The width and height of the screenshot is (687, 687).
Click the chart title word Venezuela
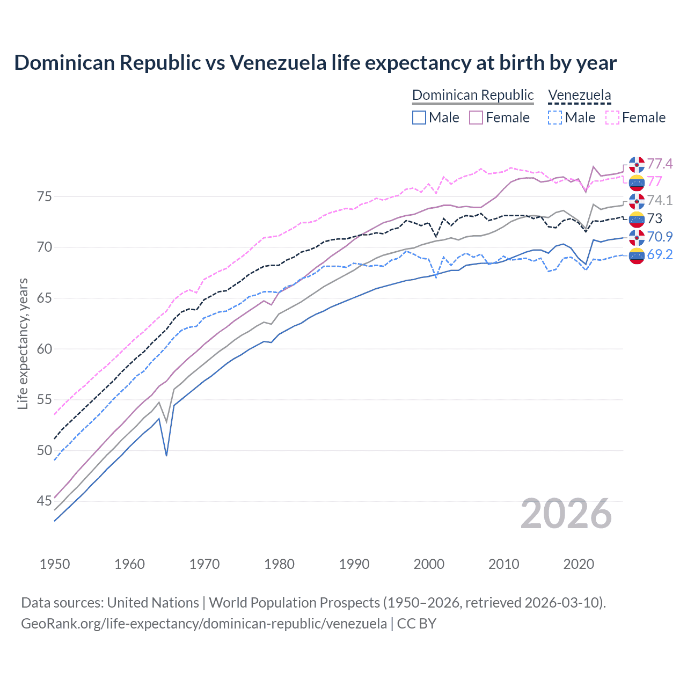[x=278, y=63]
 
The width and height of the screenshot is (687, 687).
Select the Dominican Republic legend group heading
[x=473, y=95]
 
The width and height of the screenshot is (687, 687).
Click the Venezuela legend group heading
[x=579, y=95]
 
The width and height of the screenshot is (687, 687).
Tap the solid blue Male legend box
[x=419, y=118]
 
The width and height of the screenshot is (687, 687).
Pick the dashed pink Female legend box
[x=612, y=118]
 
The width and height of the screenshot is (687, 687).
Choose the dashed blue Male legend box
[x=555, y=118]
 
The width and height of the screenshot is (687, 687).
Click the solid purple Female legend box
[x=476, y=118]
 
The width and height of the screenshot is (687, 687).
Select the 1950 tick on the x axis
[x=55, y=564]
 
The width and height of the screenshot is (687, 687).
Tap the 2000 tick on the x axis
[x=429, y=564]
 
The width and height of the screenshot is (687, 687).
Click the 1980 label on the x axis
[x=279, y=564]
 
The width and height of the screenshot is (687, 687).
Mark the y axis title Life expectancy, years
[x=23, y=343]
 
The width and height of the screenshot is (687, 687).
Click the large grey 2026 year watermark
[x=566, y=514]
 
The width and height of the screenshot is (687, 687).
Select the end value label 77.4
[x=660, y=164]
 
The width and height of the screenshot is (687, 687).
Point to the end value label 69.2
[x=660, y=255]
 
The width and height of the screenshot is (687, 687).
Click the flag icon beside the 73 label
[x=637, y=219]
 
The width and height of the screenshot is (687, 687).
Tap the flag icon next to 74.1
[x=637, y=201]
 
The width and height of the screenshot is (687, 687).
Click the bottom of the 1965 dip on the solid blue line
[x=166, y=456]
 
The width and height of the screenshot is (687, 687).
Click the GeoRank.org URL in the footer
[x=204, y=624]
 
